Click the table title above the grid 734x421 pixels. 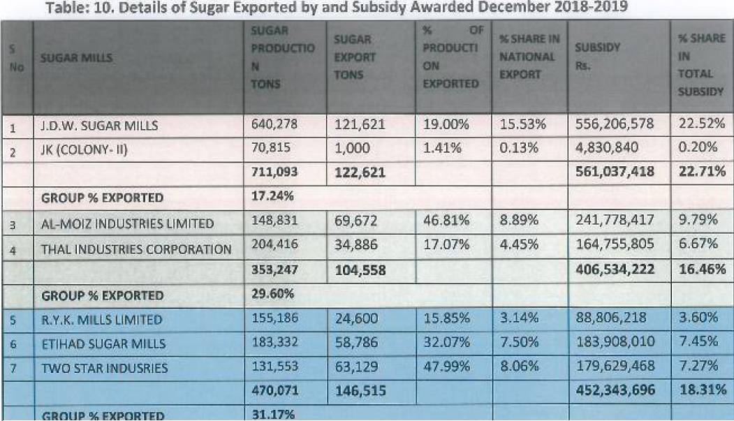pyautogui.click(x=337, y=8)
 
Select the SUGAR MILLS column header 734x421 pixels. pyautogui.click(x=76, y=58)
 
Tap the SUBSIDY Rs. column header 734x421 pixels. pyautogui.click(x=598, y=56)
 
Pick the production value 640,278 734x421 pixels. pyautogui.click(x=274, y=124)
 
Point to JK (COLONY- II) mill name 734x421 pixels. pyautogui.click(x=85, y=150)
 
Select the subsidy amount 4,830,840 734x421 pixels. pyautogui.click(x=607, y=147)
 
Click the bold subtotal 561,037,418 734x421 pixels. pyautogui.click(x=615, y=172)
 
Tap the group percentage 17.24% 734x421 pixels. pyautogui.click(x=272, y=195)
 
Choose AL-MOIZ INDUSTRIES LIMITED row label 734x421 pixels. pyautogui.click(x=127, y=223)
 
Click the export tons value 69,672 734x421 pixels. pyautogui.click(x=355, y=221)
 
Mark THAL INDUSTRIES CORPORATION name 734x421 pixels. pyautogui.click(x=136, y=249)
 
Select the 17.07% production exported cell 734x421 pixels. pyautogui.click(x=446, y=244)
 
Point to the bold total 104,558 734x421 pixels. pyautogui.click(x=360, y=270)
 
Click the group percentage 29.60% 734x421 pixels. pyautogui.click(x=272, y=294)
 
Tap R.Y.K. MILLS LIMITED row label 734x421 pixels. pyautogui.click(x=102, y=320)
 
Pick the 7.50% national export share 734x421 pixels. pyautogui.click(x=519, y=342)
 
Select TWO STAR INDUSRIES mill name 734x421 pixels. pyautogui.click(x=105, y=368)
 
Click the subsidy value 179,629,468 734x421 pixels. pyautogui.click(x=615, y=366)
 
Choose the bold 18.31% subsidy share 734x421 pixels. pyautogui.click(x=703, y=390)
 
